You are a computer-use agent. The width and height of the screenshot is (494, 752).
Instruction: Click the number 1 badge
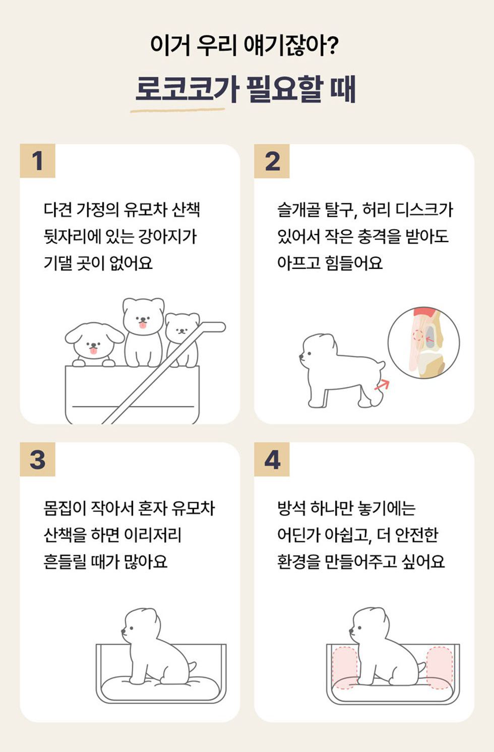[x=37, y=161]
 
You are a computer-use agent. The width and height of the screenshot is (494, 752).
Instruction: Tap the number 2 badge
[x=272, y=161]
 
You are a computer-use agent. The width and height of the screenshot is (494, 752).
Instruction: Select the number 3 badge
[x=37, y=459]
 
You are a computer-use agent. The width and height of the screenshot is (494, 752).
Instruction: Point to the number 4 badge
[x=272, y=459]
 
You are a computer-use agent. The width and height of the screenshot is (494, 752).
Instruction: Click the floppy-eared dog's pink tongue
[x=94, y=351]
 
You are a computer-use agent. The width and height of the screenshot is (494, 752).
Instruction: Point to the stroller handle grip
[x=213, y=327]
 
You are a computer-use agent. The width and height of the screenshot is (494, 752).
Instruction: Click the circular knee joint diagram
[x=423, y=343]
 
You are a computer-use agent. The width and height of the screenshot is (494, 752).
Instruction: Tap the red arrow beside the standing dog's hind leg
[x=382, y=385]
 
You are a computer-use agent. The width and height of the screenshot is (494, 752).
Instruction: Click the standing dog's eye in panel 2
[x=308, y=354]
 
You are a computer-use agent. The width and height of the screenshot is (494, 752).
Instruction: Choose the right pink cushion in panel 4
[x=440, y=668]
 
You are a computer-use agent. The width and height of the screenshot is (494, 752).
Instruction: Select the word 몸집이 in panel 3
[x=65, y=508]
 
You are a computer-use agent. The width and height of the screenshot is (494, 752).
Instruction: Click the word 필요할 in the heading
[x=285, y=89]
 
